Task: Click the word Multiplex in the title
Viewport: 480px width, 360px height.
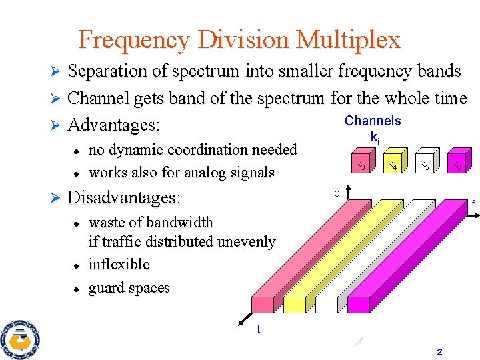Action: point(349,40)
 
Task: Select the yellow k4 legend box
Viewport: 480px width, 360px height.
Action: point(394,163)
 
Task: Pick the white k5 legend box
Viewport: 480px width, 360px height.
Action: point(425,163)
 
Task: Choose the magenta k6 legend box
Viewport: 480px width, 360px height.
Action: point(457,163)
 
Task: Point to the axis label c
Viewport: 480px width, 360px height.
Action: point(337,194)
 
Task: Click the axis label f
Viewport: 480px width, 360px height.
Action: point(473,204)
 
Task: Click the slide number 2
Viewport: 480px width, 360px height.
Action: point(439,352)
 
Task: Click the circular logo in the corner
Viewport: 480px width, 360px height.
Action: point(21,339)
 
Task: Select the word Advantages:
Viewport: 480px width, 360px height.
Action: point(116,125)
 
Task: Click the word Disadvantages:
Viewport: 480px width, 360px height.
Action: point(125,198)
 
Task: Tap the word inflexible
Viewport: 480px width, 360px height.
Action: point(119,264)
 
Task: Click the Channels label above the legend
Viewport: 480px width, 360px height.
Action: point(373,121)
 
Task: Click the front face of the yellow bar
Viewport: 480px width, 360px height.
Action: point(294,305)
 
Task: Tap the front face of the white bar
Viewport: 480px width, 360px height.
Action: point(327,305)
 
